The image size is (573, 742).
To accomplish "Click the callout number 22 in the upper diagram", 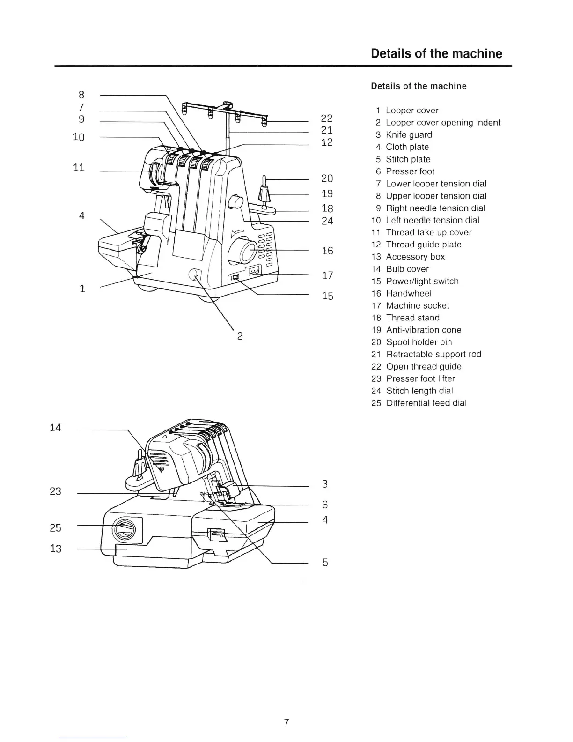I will coord(326,119).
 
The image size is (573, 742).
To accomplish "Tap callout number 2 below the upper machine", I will coord(240,336).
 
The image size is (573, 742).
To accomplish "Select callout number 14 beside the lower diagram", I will coord(55,428).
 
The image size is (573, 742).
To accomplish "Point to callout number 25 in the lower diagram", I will coord(55,528).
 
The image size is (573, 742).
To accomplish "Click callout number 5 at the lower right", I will coord(325,563).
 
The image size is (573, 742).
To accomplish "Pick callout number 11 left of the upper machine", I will coord(79,168).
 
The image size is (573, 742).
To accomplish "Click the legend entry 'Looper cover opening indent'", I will coord(443,123).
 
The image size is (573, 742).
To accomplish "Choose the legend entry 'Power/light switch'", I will coord(422,282).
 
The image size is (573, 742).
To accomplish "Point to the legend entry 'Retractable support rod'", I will coord(433,355).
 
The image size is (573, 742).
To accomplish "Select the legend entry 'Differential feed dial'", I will coord(426,403).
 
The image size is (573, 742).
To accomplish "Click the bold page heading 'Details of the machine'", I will coord(436,53).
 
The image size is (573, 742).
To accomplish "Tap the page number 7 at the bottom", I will coord(286,722).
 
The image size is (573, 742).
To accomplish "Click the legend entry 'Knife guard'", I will coord(409,135).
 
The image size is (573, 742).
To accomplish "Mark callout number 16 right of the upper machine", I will coord(327,251).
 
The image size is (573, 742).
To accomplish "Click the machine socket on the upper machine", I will coord(255,271).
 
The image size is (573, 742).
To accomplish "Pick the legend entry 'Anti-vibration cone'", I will coord(423,330).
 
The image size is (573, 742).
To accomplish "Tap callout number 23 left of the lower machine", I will coord(55,491).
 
